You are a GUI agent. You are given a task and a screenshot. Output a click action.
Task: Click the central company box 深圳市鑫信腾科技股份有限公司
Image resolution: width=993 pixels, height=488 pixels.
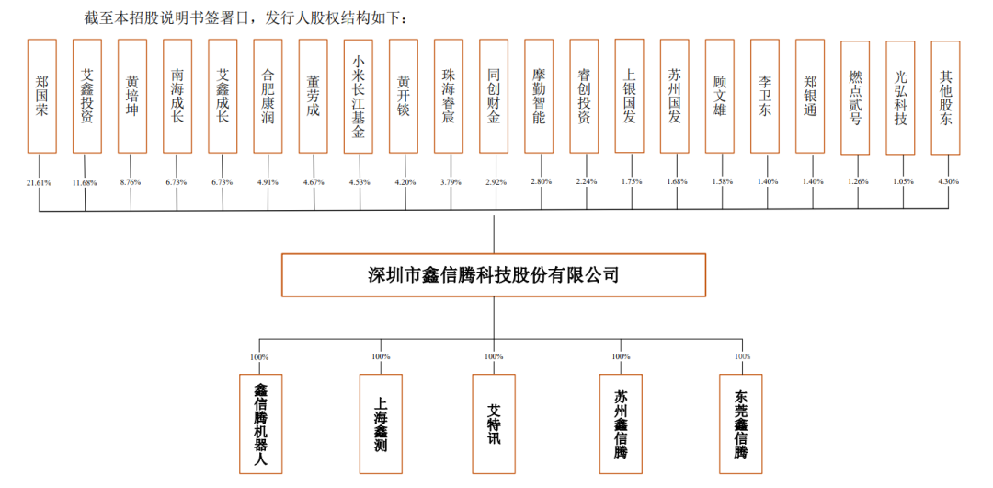coord(493,274)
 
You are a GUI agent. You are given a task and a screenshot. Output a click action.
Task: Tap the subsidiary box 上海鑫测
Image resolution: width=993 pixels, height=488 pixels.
coord(380,422)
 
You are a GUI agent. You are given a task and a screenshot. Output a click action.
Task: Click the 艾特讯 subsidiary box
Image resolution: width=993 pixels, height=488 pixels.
coord(494,422)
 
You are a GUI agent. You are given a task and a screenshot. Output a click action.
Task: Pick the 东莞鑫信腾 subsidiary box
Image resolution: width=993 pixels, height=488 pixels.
coord(740,424)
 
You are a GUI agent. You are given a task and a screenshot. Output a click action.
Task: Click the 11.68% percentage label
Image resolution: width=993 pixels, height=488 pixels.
coord(84,182)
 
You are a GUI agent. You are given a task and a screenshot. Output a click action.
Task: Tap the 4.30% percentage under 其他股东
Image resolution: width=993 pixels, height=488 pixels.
coord(947,182)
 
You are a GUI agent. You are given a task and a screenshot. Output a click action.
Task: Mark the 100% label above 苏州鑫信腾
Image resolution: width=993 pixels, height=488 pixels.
coord(621,356)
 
